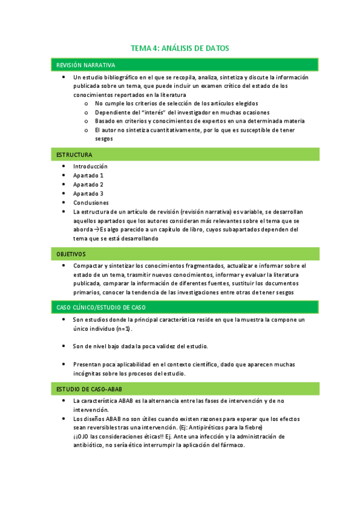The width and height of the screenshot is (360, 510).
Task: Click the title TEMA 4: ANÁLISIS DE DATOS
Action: coord(180,48)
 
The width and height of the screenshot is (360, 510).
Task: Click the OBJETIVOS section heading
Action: coord(71,254)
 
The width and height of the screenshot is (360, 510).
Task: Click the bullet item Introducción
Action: coord(90,166)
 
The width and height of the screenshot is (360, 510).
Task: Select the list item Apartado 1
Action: coord(88,175)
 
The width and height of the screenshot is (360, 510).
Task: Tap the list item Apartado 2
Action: coord(88,184)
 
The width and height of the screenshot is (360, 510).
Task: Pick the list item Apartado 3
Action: coord(88,193)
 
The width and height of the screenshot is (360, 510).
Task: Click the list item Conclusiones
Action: coord(91,203)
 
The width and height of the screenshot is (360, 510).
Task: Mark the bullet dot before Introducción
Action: coord(64,166)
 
